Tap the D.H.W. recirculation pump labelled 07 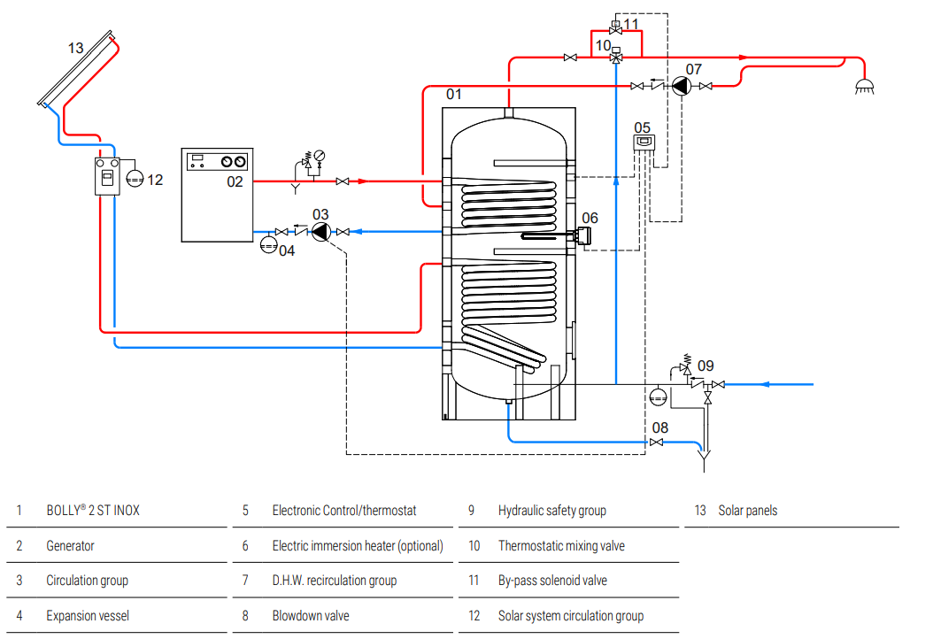pos(682,86)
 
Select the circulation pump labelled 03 pos(320,232)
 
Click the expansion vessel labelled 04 pos(269,244)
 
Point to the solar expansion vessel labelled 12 pos(135,179)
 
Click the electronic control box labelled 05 pos(644,142)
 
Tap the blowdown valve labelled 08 pos(656,442)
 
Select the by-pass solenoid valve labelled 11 pos(616,27)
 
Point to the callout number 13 pos(75,48)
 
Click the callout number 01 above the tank pos(454,94)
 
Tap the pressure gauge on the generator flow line pos(320,156)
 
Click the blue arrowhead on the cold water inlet pos(766,384)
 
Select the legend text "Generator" pos(70,545)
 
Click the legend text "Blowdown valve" pos(311,616)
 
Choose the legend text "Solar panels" pos(748,511)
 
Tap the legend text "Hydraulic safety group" pos(552,511)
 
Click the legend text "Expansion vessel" pos(88,616)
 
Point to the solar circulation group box pos(107,176)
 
